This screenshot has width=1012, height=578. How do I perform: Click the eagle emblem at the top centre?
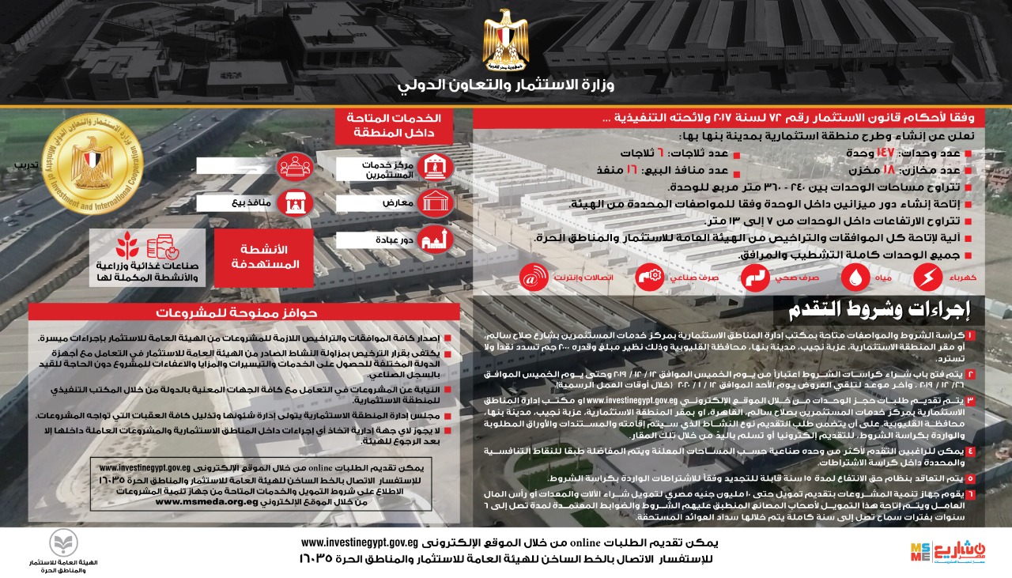(506, 40)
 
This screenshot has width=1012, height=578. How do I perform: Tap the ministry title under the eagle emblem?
(506, 85)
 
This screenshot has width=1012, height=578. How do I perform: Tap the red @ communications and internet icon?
(534, 278)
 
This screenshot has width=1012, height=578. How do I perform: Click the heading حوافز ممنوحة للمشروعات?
(242, 312)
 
